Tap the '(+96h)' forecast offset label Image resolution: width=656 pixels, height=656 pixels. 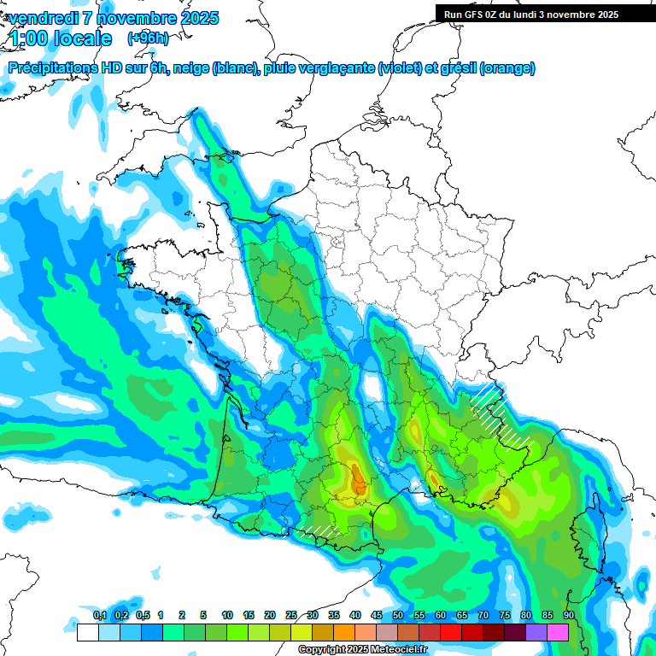pos(148,38)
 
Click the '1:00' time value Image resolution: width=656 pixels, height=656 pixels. pos(27,38)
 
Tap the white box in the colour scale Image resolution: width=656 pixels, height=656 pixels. pos(87,632)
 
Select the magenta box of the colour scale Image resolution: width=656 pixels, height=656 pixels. pos(558,632)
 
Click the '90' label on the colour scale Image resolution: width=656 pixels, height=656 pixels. pos(568,615)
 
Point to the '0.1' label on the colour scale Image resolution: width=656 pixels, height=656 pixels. pos(99,615)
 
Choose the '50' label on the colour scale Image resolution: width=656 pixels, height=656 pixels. pos(398,615)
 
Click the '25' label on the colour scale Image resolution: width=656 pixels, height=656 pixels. pos(291,615)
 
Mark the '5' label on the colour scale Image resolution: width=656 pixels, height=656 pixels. pos(203,615)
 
